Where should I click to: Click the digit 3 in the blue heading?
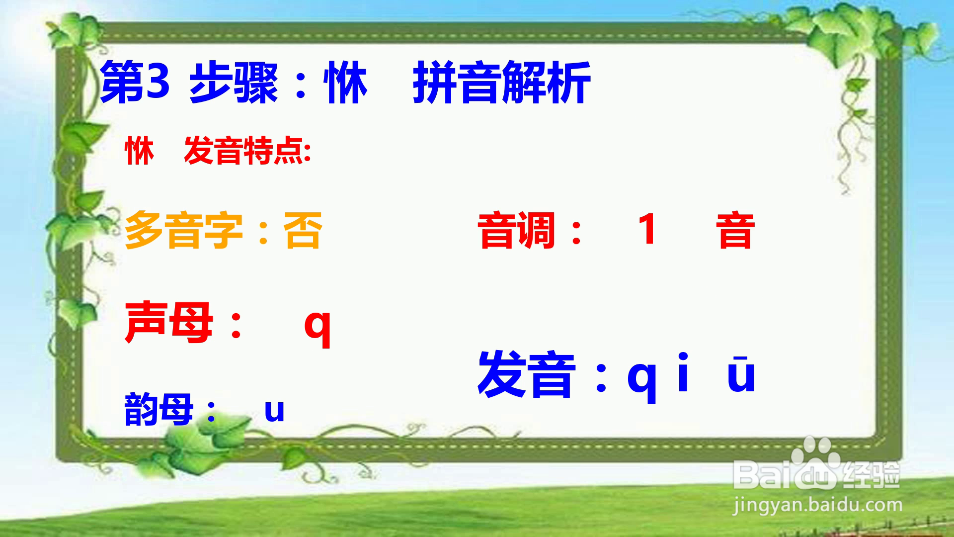point(158,81)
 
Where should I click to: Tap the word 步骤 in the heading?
point(233,83)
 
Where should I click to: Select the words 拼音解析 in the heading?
point(501,83)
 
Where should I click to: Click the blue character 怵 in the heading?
point(346,83)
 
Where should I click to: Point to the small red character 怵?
point(139,151)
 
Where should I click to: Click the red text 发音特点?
point(247,151)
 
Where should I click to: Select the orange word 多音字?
point(184,230)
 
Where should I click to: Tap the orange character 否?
point(303,230)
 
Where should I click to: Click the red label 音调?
point(517,230)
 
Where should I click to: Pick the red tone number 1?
point(647,229)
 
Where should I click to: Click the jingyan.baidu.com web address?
point(817,505)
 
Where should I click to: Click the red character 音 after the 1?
point(735,230)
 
